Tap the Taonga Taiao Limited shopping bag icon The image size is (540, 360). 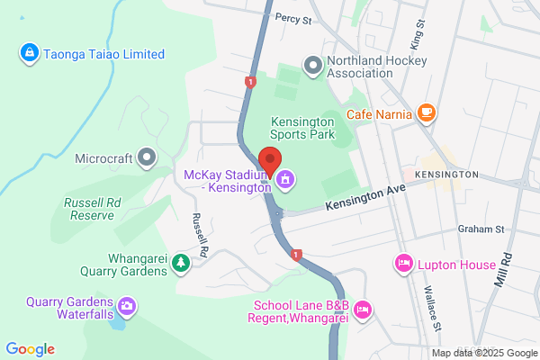coord(29,54)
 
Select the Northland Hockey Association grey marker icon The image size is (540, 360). coord(313,64)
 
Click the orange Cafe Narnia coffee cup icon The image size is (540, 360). coord(427,113)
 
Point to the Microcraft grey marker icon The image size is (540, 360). coord(147,159)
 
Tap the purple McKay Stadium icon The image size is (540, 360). coord(285,180)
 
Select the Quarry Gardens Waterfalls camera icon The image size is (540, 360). coord(128,308)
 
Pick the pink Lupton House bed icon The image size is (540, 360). coord(402,265)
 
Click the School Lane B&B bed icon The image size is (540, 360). coord(363,310)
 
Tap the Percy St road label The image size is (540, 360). coord(292,17)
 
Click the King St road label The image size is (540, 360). coord(416,37)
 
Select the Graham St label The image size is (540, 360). coord(477,229)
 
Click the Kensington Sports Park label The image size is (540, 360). coord(303,128)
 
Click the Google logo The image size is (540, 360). coord(31,349)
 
